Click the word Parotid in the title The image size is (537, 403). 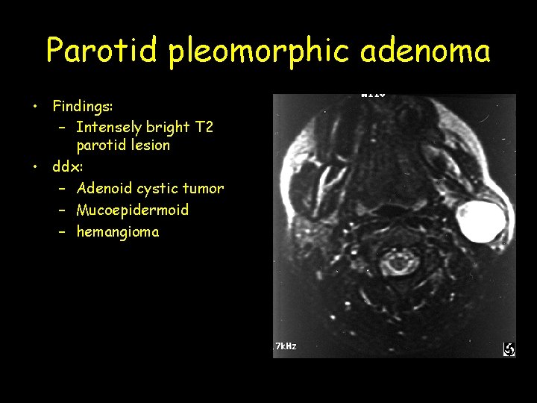tap(102, 51)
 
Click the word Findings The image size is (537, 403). tap(82, 106)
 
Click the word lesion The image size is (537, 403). tap(151, 145)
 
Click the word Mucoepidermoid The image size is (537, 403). tap(132, 210)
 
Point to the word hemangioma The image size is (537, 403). tap(118, 231)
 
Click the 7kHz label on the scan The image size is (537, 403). tap(286, 346)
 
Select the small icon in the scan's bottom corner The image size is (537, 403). tap(509, 349)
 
